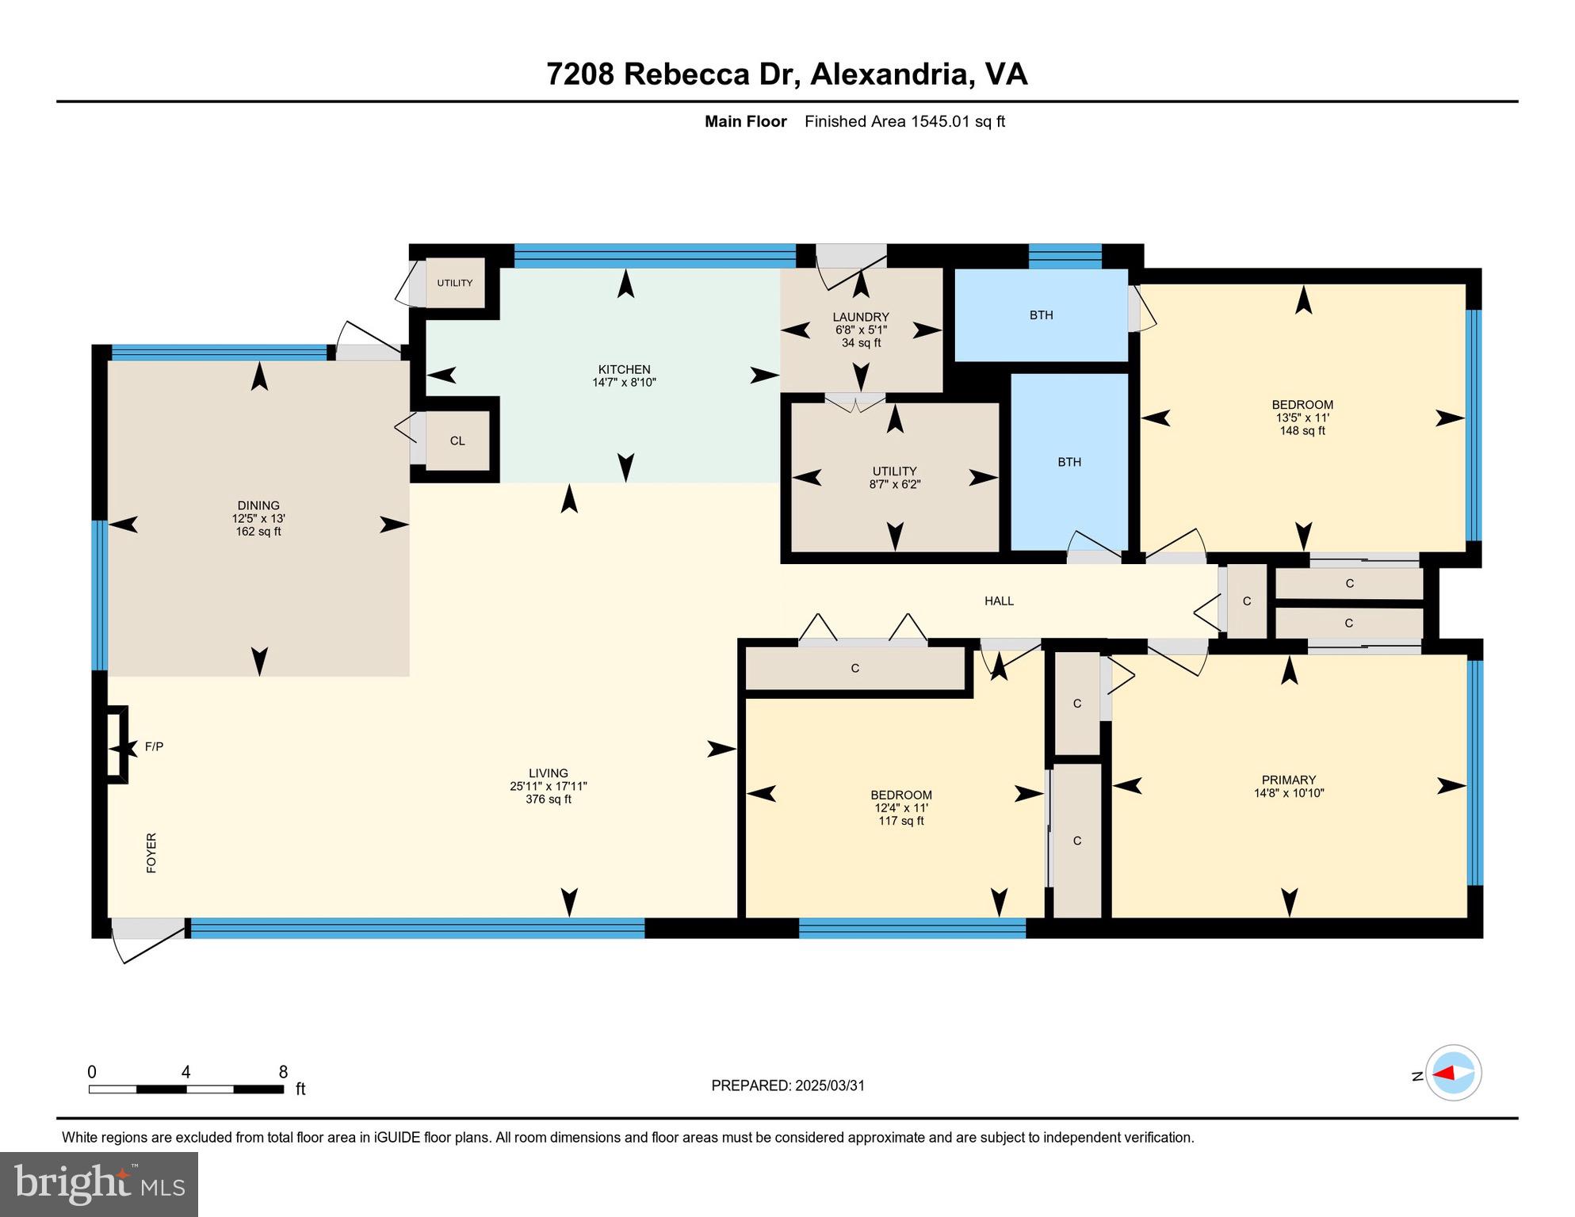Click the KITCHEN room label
[624, 369]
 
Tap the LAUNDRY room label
[861, 317]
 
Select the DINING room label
[258, 505]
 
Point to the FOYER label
[151, 853]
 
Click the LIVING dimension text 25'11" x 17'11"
[548, 787]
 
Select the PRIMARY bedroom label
[1289, 780]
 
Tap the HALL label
[999, 601]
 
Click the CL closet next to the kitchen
[457, 441]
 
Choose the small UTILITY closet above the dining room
[455, 283]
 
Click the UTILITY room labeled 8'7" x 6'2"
[894, 477]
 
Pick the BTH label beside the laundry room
[1041, 315]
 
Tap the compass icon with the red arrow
[1453, 1074]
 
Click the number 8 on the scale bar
[283, 1072]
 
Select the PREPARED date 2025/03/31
[788, 1085]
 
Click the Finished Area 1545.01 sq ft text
[904, 121]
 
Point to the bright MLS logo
[99, 1184]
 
